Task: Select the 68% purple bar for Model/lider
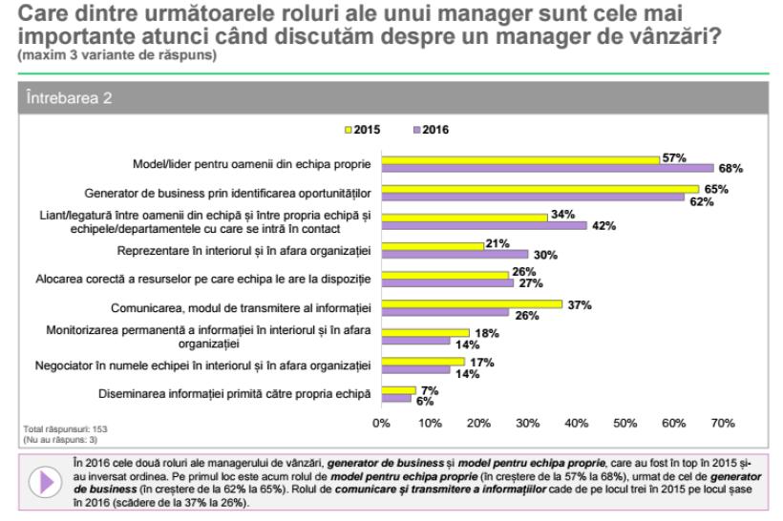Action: [x=547, y=168]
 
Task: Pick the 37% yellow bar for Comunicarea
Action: [x=471, y=303]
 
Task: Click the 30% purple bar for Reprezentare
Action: [x=455, y=255]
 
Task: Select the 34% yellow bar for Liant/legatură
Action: [x=464, y=218]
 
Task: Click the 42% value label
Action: [x=603, y=226]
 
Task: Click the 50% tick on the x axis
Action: [x=624, y=423]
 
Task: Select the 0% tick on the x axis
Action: [x=382, y=423]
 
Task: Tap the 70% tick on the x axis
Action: [x=722, y=423]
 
